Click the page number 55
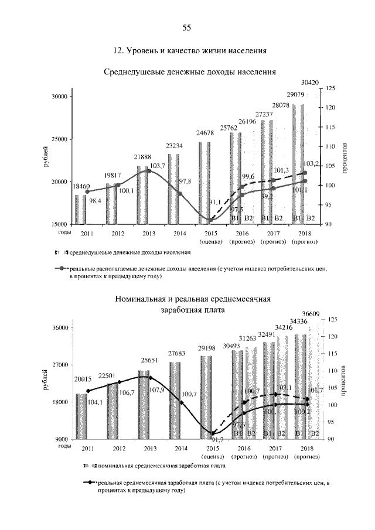tap(187, 28)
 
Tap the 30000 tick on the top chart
tap(60, 97)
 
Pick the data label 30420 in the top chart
tap(309, 83)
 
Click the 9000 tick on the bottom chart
tap(62, 439)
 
